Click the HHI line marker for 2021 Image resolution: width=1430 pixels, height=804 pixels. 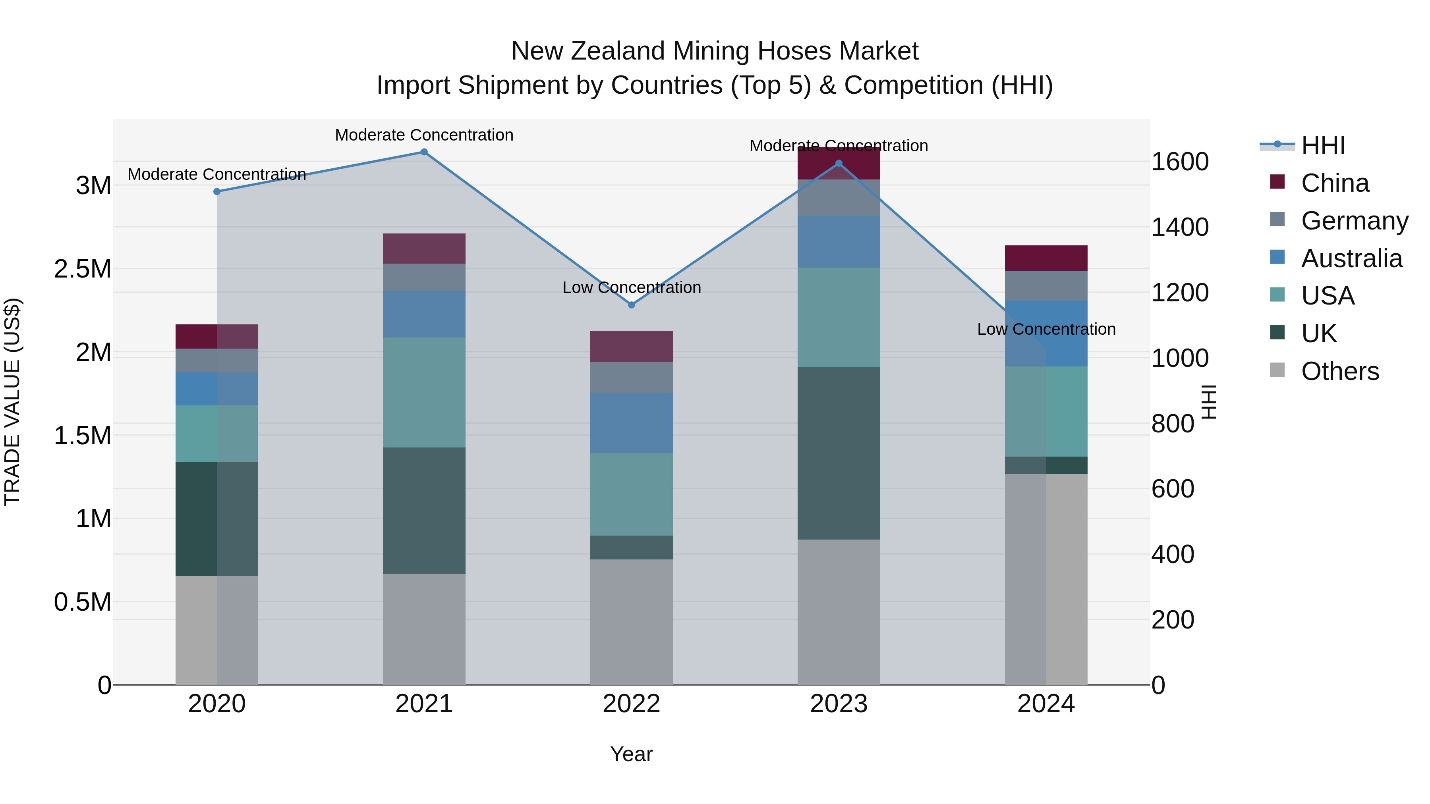click(424, 152)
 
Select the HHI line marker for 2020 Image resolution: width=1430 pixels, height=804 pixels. click(217, 191)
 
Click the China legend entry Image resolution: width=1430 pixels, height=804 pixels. click(1335, 183)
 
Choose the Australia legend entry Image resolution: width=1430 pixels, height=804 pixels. click(1351, 258)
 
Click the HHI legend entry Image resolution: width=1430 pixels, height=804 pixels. click(1322, 145)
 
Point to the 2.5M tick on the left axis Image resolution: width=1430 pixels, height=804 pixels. click(83, 269)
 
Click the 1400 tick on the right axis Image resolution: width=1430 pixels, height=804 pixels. click(1180, 227)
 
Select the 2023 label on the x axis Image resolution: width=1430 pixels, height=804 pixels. click(838, 704)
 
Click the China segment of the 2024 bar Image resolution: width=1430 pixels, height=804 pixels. click(1046, 258)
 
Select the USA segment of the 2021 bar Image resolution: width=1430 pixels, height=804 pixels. click(424, 392)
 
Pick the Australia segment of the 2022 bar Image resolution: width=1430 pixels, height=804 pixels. click(631, 423)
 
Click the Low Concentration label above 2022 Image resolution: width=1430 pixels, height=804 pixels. click(631, 287)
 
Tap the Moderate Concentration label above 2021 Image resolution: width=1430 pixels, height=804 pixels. click(424, 135)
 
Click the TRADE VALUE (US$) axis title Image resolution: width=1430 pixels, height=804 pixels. click(12, 402)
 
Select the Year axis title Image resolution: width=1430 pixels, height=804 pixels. click(631, 754)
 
